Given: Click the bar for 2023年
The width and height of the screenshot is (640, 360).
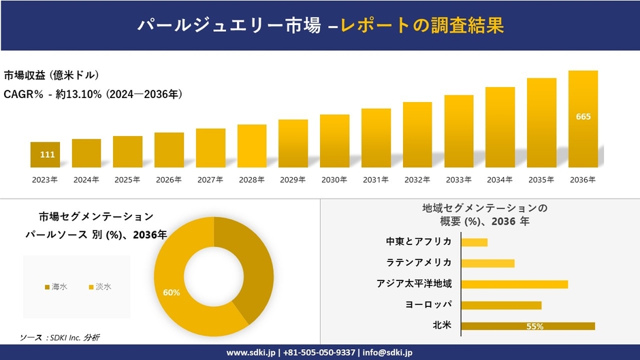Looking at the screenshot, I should tap(45, 155).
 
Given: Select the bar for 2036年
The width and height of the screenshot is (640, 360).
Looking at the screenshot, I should tap(583, 119).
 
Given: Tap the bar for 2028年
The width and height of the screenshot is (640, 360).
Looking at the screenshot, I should tap(252, 146).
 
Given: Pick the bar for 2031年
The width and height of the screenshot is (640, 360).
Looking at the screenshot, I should tap(376, 138).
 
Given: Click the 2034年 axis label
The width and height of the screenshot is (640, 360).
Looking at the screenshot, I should tap(500, 180).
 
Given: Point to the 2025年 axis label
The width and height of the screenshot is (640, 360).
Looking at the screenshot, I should tap(127, 180).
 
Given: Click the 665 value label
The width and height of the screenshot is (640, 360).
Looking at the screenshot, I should tap(583, 116).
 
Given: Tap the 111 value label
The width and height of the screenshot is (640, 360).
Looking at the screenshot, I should tap(47, 155).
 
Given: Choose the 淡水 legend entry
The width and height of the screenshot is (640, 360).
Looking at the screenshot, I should tap(99, 287).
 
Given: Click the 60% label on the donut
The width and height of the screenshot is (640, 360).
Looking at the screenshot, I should tap(172, 293).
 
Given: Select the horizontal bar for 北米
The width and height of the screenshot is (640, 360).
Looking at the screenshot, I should tap(528, 326).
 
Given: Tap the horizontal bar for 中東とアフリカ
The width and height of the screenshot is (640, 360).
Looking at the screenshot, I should tap(474, 242).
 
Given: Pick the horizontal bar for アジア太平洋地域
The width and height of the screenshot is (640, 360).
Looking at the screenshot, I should tap(514, 284).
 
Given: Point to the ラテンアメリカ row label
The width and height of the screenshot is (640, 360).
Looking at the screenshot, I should tap(419, 263).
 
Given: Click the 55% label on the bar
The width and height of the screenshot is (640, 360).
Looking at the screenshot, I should tap(534, 327).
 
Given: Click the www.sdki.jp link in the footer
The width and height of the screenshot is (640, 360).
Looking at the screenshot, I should tap(251, 353).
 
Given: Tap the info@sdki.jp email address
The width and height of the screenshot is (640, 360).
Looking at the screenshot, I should tap(387, 353).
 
